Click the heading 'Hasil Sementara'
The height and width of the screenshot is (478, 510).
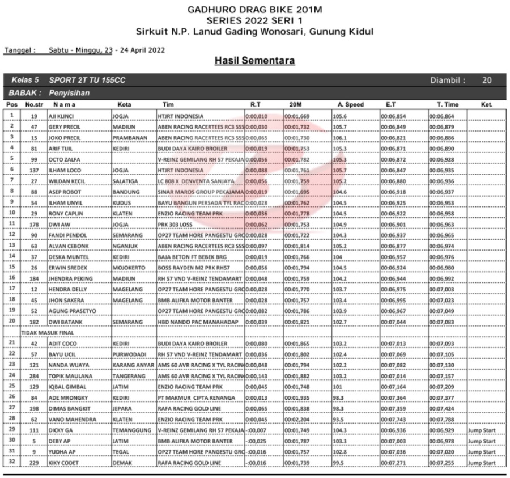254,61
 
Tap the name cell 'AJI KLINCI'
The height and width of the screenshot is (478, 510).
58,116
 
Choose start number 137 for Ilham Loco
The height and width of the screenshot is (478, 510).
34,170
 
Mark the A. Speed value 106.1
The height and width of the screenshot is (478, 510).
340,138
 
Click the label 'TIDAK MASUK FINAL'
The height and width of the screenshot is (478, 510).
45,332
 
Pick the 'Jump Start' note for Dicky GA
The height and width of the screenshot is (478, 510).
482,430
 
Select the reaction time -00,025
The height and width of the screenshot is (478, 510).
258,441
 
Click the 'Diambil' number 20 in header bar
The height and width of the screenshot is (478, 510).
487,81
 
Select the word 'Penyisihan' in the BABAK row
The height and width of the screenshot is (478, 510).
69,92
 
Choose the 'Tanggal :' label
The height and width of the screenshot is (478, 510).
20,50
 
